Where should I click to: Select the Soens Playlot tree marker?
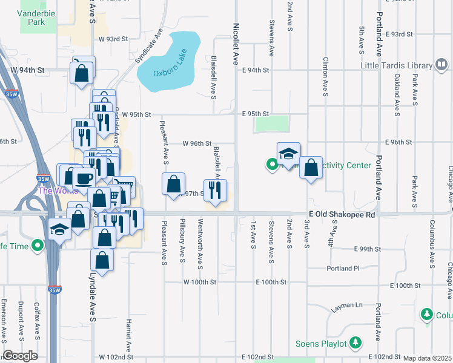pos(356,344)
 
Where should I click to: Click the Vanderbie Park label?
pos(32,17)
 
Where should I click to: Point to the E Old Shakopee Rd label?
pos(342,215)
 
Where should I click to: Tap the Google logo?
pos(21,356)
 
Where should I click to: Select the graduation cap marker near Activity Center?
pos(289,154)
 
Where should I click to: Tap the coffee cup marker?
pos(84,177)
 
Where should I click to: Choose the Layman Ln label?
pos(346,307)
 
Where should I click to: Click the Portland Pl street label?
pos(343,268)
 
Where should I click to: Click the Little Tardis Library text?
pos(396,65)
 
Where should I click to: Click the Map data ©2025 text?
pos(427,358)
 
